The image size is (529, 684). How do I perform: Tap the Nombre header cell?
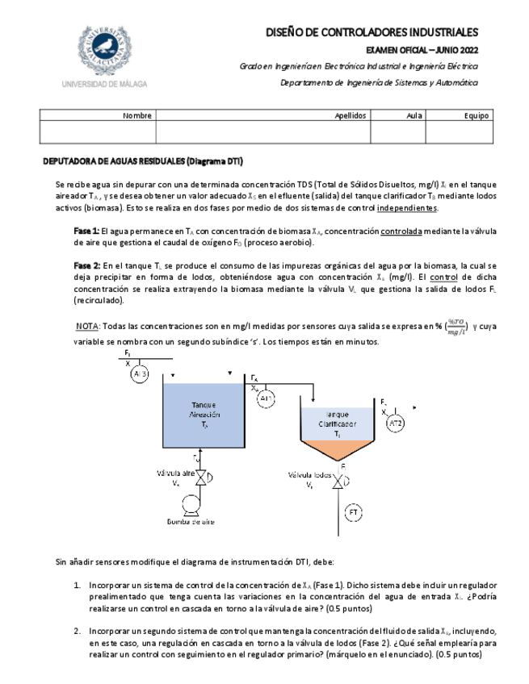click(x=137, y=116)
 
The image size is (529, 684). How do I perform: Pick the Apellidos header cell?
click(x=351, y=116)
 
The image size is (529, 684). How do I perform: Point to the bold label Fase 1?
click(x=86, y=231)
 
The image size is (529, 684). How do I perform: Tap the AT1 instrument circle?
click(x=267, y=398)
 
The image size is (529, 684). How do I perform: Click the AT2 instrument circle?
click(x=396, y=423)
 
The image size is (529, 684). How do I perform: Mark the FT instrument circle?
click(x=354, y=512)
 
